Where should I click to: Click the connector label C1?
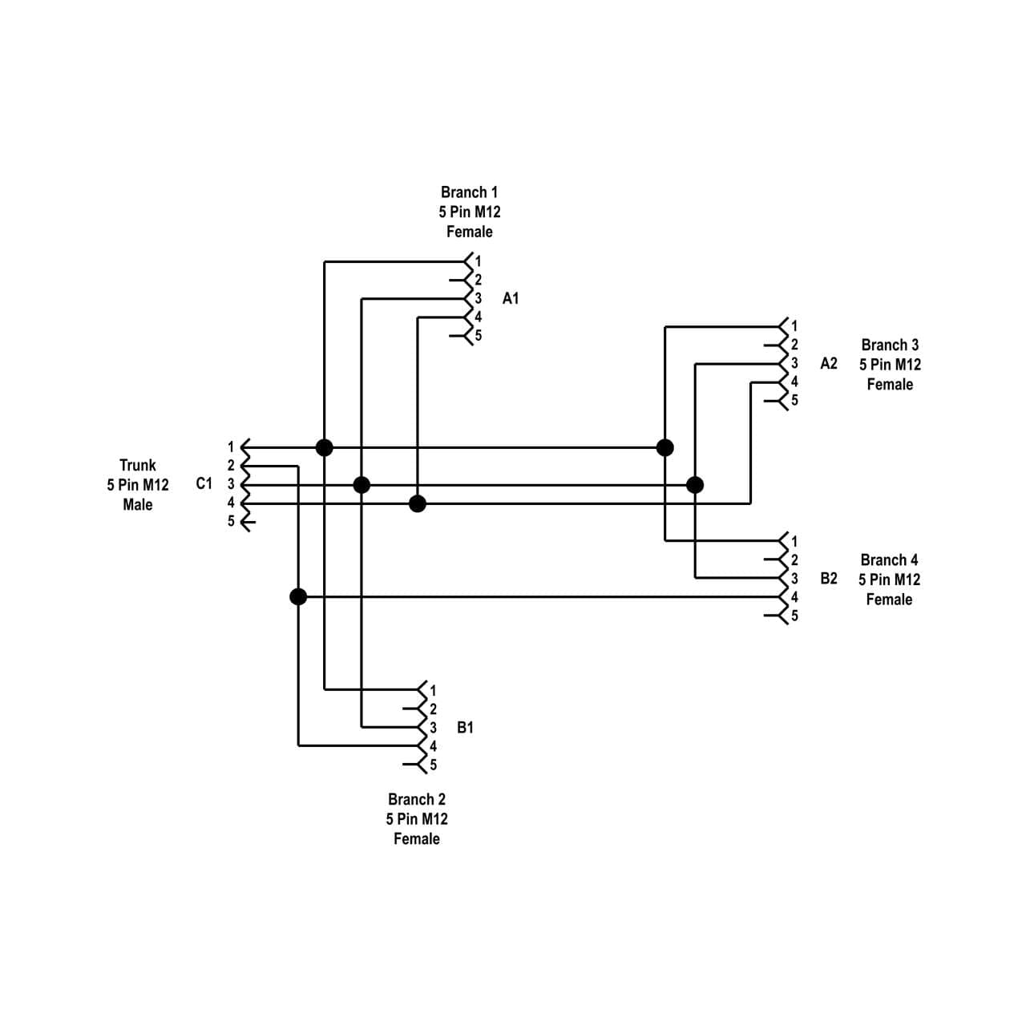click(204, 483)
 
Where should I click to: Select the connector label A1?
click(511, 298)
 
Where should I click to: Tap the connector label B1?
click(465, 727)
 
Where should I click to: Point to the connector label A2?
click(829, 363)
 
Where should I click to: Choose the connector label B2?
click(829, 578)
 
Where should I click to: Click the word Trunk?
click(137, 465)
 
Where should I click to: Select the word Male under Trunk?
click(137, 504)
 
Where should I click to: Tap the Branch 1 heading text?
click(469, 192)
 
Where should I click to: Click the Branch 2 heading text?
click(416, 799)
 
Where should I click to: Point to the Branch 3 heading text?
click(890, 345)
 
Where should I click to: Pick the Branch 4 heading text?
click(889, 559)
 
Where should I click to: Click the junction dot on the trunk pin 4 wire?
click(418, 503)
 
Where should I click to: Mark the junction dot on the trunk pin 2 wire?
click(298, 596)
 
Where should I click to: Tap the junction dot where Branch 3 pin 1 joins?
click(664, 447)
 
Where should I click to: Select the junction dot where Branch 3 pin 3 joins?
click(695, 485)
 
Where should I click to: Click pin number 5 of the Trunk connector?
click(231, 521)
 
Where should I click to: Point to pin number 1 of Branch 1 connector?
click(479, 261)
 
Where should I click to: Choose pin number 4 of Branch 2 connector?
click(434, 746)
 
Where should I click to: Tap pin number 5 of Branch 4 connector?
click(794, 616)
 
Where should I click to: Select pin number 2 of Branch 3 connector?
click(794, 345)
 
